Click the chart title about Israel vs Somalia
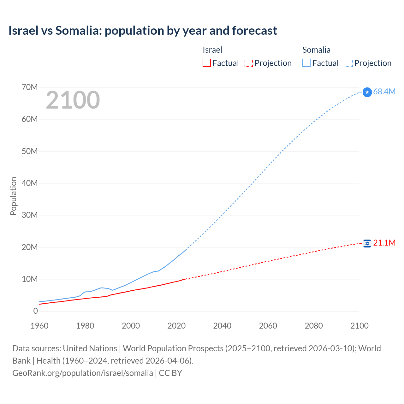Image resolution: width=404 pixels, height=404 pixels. (143, 31)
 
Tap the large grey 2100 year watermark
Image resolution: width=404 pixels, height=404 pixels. (73, 100)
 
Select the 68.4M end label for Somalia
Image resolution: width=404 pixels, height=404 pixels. (384, 92)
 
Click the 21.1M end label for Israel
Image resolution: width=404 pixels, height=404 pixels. (384, 243)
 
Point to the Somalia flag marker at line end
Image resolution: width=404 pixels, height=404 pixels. (367, 92)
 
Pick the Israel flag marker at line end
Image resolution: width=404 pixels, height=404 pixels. (367, 243)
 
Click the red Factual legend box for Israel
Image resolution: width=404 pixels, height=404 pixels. (206, 63)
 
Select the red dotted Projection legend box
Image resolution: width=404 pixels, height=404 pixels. (249, 63)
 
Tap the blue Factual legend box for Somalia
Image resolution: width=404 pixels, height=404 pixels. (306, 63)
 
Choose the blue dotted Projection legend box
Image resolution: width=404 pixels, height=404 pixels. (348, 63)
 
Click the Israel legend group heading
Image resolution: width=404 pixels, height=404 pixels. (212, 50)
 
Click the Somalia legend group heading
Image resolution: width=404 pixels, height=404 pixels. (316, 50)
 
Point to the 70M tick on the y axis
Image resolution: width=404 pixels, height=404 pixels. (30, 87)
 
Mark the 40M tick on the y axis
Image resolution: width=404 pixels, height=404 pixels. (30, 183)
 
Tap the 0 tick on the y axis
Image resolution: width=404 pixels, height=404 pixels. (35, 311)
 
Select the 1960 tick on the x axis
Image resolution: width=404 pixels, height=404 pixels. (39, 326)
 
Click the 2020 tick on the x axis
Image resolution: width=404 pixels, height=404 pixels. (176, 326)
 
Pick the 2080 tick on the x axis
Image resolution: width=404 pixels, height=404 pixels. (314, 326)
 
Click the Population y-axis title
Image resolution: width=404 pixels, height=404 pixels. (13, 196)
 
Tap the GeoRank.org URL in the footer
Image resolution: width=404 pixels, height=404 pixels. (83, 373)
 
